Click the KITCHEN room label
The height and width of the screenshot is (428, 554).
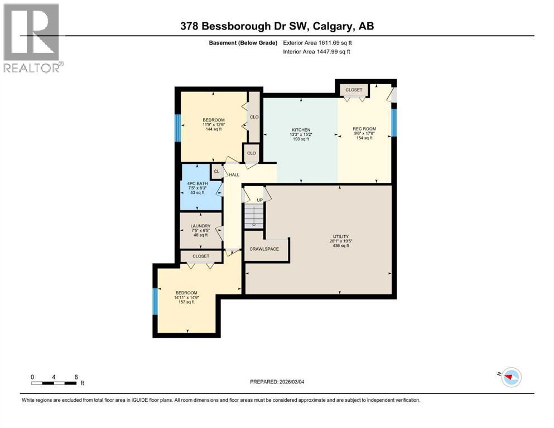coord(300,130)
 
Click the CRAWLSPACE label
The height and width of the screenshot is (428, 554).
coord(264,249)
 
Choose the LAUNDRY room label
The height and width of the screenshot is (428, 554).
coord(200,226)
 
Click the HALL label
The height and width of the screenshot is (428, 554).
coord(234,174)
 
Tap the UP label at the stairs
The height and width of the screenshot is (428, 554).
coord(259,200)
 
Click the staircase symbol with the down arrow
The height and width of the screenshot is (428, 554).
coord(254,215)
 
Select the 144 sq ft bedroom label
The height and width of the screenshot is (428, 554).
coord(213,120)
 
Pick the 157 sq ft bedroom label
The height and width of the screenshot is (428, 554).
coord(186,293)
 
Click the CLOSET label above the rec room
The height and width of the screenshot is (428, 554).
coord(354,90)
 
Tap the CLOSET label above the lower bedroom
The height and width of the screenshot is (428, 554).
coord(201,256)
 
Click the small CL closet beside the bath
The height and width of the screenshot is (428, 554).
coord(216,171)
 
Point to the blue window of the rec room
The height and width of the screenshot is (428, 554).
coord(394,123)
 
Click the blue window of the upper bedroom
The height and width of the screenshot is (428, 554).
coord(178,128)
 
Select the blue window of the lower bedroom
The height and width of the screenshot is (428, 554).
coord(155,301)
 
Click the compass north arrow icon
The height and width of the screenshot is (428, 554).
coord(509,377)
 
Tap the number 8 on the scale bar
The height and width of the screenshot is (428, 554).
coord(76,377)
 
